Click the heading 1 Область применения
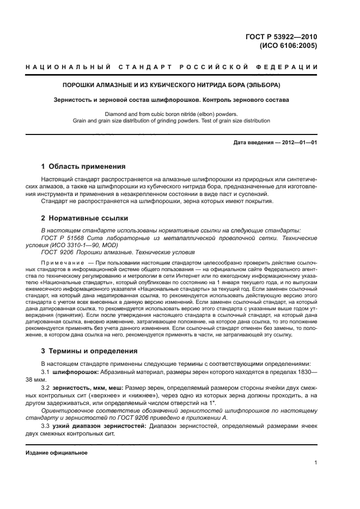[83, 167]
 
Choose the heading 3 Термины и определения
[89, 351]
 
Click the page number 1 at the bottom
[316, 463]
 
